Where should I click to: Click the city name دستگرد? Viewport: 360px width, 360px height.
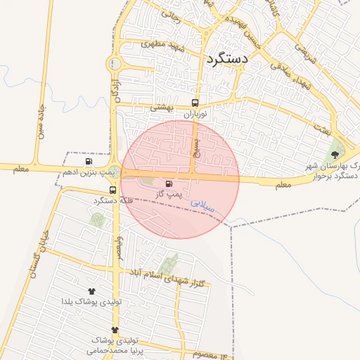click(x=227, y=59)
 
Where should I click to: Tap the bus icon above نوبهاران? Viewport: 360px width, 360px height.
click(x=196, y=102)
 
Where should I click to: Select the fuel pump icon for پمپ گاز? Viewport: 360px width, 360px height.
click(x=167, y=184)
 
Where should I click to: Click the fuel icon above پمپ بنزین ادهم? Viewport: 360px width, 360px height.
click(x=89, y=161)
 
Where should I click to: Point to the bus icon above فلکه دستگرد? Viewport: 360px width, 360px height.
click(x=112, y=191)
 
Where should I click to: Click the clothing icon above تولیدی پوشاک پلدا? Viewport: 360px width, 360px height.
click(x=91, y=290)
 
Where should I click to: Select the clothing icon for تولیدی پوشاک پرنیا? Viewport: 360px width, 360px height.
click(x=115, y=330)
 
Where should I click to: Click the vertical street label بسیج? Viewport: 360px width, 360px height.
click(x=196, y=146)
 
